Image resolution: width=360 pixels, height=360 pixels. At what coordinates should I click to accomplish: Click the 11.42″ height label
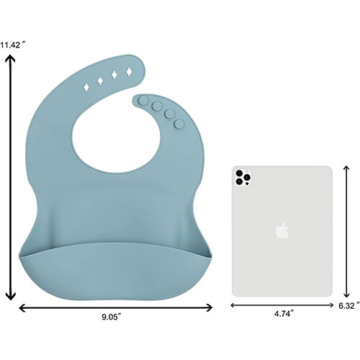tap(12, 45)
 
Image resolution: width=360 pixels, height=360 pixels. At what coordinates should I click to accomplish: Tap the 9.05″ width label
tap(112, 317)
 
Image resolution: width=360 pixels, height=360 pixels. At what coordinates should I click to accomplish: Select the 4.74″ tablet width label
tap(284, 314)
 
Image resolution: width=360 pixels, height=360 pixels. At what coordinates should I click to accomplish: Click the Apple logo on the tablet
tap(282, 230)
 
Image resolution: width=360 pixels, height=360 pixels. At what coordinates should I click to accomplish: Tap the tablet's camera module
tap(243, 177)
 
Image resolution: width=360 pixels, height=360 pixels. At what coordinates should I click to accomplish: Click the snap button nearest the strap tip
tap(144, 100)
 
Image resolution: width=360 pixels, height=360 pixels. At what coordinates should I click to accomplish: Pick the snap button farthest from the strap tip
tap(179, 124)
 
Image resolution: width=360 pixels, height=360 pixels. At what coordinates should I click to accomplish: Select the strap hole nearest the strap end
tap(129, 71)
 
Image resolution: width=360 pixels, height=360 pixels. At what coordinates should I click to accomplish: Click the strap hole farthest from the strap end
tap(86, 87)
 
